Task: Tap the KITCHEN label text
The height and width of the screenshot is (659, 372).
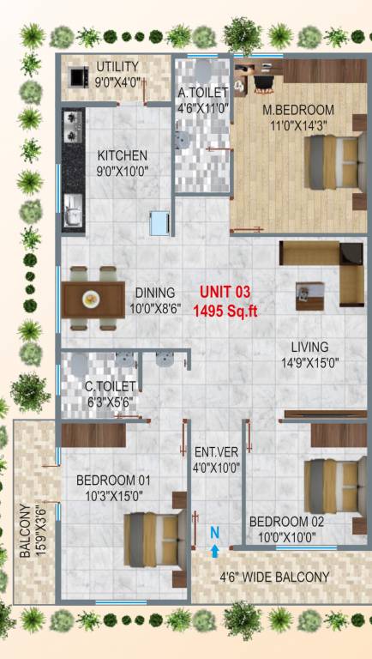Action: tap(123, 155)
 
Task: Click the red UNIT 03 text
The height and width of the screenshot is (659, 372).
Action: tap(225, 292)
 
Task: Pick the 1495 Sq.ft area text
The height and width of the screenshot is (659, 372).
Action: tap(225, 311)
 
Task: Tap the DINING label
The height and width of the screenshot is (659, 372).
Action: tap(154, 293)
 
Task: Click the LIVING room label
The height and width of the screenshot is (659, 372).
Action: tap(309, 347)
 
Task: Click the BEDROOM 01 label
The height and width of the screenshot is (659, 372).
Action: tap(113, 480)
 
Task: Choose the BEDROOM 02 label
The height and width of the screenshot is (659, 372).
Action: tap(286, 522)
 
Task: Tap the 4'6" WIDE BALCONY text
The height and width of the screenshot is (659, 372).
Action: tap(274, 577)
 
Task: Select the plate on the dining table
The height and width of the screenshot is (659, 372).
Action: tap(91, 299)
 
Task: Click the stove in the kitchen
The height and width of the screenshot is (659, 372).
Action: tap(70, 127)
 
